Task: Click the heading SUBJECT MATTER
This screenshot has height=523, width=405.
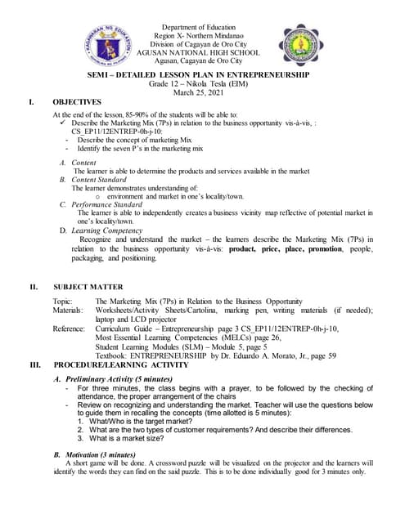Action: click(88, 287)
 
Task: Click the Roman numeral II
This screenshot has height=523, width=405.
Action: click(34, 287)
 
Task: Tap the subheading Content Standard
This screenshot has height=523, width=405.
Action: click(98, 179)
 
